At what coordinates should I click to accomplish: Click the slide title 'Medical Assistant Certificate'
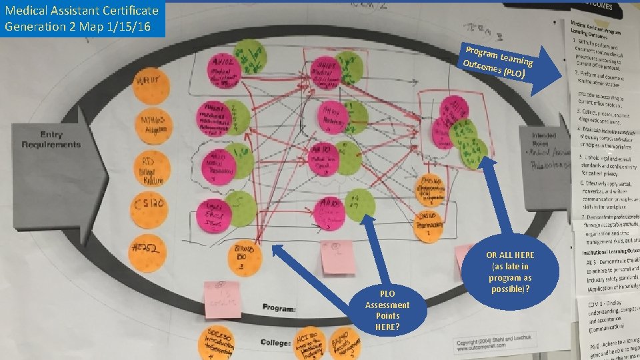pos(81,11)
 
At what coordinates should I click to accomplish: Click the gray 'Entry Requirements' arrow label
pos(51,139)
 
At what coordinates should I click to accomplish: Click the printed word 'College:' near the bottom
pos(276,343)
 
